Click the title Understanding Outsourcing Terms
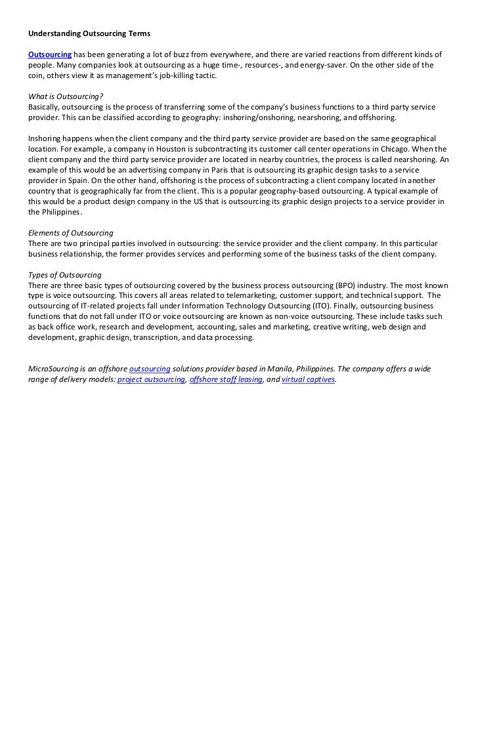click(x=89, y=33)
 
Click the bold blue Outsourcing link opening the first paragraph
click(x=49, y=54)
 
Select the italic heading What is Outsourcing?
click(x=66, y=96)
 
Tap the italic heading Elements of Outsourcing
click(x=70, y=233)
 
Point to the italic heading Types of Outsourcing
click(x=64, y=275)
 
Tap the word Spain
click(x=77, y=180)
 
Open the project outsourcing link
click(x=150, y=380)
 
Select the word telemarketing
click(x=251, y=296)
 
